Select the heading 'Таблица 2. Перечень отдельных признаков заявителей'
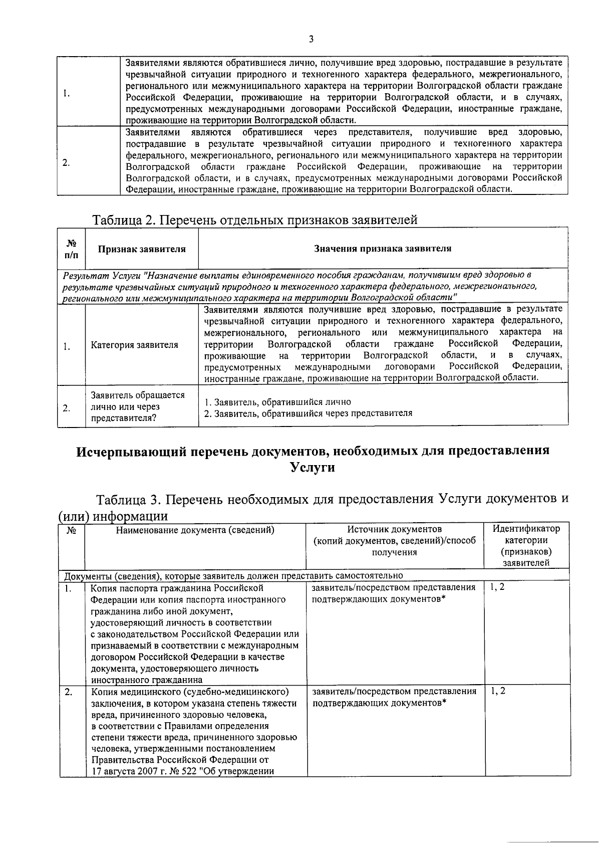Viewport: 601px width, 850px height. pos(254,220)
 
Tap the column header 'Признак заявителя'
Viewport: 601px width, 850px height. pos(142,249)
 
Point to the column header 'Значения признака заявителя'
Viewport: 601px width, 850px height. pos(383,249)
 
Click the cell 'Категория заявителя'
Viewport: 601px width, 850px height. pos(134,345)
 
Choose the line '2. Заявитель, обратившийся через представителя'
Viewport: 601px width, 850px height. pos(308,413)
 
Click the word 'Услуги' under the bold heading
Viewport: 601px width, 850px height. pos(313,468)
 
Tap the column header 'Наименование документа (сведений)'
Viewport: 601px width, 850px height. pos(195,530)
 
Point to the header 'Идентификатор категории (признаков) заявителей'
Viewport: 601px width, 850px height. pos(526,546)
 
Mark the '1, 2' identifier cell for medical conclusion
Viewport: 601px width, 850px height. pos(498,691)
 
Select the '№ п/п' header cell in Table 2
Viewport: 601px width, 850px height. pos(71,249)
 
